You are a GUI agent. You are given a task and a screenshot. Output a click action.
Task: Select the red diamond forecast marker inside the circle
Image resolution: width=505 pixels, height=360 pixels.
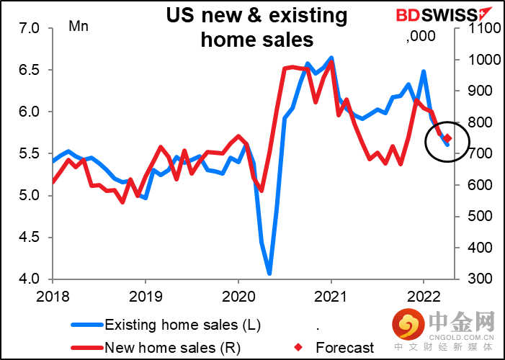tap(447, 138)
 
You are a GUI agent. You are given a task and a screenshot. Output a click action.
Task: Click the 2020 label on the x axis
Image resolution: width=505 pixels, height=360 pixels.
tap(238, 294)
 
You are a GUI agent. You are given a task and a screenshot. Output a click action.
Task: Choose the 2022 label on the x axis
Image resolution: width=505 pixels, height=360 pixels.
tap(423, 294)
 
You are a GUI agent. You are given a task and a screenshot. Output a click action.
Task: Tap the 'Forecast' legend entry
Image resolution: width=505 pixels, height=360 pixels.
tap(345, 348)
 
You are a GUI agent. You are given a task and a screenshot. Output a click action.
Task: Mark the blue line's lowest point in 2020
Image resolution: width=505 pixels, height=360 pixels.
tap(269, 274)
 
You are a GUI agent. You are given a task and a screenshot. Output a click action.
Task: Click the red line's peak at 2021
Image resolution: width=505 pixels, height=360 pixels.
tap(331, 62)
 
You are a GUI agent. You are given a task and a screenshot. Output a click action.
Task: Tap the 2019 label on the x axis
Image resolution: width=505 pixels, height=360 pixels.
tap(145, 294)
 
